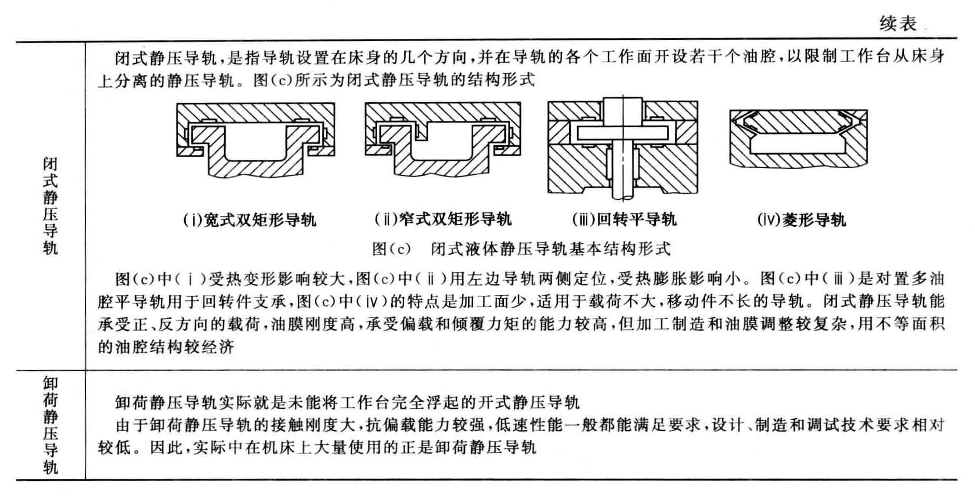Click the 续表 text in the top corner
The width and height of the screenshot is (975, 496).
point(898,23)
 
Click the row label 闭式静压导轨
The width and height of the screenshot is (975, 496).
point(50,206)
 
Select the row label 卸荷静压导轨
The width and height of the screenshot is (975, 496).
point(50,425)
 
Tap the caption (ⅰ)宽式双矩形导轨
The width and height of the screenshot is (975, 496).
point(250,220)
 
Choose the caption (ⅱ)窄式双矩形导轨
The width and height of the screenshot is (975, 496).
point(443,219)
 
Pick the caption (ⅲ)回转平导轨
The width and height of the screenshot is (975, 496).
point(624,219)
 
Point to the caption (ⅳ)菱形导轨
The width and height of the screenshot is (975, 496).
point(802,220)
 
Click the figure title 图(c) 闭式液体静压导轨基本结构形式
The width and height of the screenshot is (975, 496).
point(521,249)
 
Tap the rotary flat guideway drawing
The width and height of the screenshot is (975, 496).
point(623,148)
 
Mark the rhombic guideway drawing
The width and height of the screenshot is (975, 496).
point(799,139)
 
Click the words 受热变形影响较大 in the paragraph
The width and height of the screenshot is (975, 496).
point(276,279)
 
